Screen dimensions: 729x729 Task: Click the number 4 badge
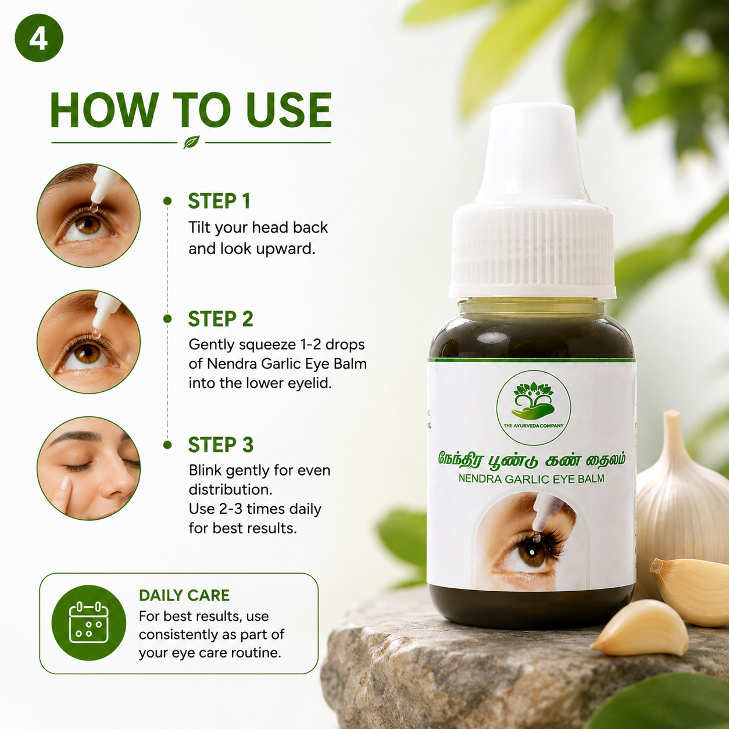click(x=39, y=38)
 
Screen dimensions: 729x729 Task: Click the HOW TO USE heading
click(x=191, y=110)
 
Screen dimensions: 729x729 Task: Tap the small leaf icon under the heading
click(x=191, y=142)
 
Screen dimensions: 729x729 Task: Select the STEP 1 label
click(x=219, y=201)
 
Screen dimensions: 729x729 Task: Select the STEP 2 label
click(x=220, y=319)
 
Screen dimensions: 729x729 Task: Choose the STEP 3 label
click(x=220, y=445)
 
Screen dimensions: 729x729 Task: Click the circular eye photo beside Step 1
click(x=88, y=216)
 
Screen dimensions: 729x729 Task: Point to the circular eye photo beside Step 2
click(x=88, y=342)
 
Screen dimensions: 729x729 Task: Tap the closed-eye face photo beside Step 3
click(x=88, y=469)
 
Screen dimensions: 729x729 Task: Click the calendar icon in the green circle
click(x=88, y=622)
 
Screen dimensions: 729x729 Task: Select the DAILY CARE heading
click(x=184, y=595)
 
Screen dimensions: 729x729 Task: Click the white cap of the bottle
click(x=532, y=201)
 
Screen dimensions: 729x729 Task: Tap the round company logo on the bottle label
click(x=534, y=408)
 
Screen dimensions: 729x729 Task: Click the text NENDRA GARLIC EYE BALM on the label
click(x=531, y=478)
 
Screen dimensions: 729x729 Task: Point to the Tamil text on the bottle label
click(x=531, y=460)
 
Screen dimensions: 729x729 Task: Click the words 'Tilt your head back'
click(x=258, y=227)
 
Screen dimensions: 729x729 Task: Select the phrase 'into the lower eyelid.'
click(x=260, y=383)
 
